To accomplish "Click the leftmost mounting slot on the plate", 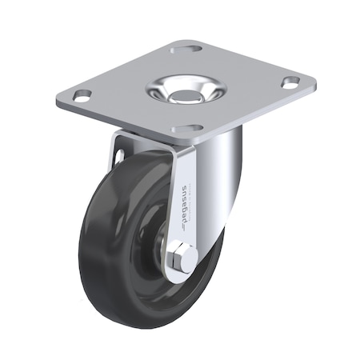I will [81, 97].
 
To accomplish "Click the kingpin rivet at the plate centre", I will [185, 91].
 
